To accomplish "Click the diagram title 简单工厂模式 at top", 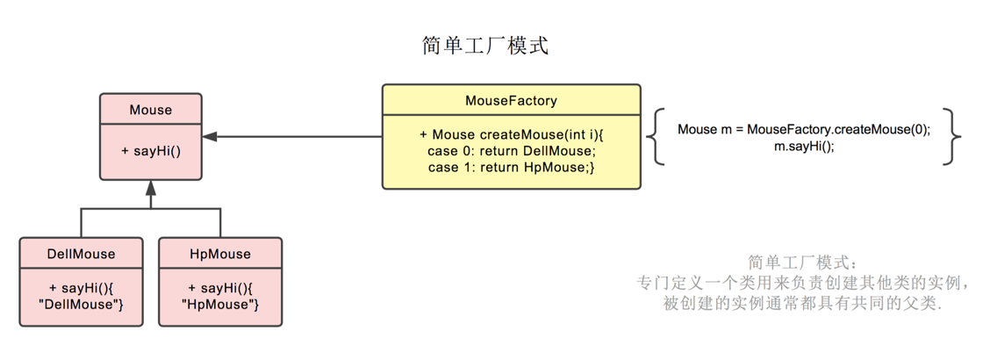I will click(x=485, y=46).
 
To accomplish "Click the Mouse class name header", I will click(x=151, y=110).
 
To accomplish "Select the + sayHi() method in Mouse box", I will click(x=151, y=150).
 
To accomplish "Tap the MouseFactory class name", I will click(x=511, y=100).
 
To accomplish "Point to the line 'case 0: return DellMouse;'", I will click(x=512, y=151).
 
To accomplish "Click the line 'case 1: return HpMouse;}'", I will click(x=512, y=167).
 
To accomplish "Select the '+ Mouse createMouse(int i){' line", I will click(x=512, y=134).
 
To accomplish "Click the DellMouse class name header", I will click(x=81, y=254).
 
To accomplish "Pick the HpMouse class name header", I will click(x=220, y=254).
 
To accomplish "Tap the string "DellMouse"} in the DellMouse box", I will click(x=81, y=304).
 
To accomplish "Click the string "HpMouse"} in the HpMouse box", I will click(x=220, y=304).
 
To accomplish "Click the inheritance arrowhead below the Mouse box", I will click(x=151, y=187).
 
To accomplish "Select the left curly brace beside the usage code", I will click(x=654, y=136).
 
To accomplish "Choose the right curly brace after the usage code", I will click(x=952, y=136).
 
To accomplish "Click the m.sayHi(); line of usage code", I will click(x=804, y=146).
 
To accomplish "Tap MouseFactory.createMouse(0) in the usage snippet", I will click(x=837, y=129).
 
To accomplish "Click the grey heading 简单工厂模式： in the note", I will click(x=801, y=263).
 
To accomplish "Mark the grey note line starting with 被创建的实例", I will click(x=801, y=304).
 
